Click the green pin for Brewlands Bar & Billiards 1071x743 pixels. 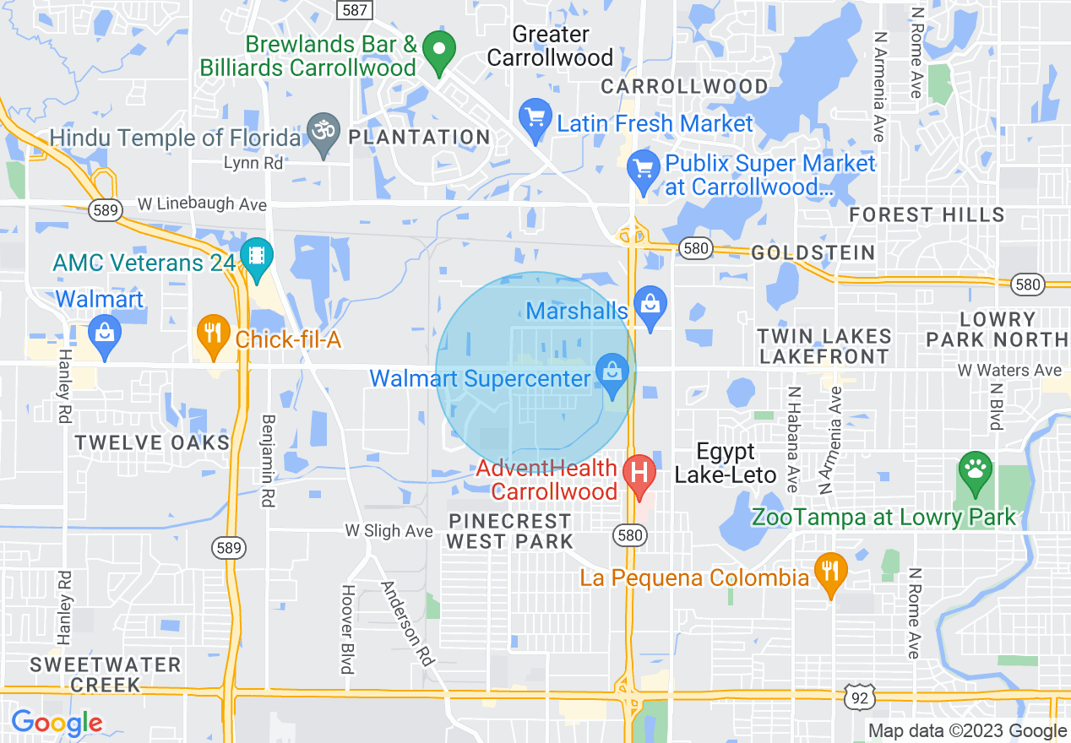click(x=438, y=52)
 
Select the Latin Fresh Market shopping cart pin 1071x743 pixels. click(x=535, y=120)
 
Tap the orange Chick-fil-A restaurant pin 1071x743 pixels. click(x=213, y=335)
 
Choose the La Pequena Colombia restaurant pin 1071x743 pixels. click(x=830, y=574)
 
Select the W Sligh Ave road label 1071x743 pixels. click(x=389, y=531)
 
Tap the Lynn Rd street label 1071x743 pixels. click(x=253, y=164)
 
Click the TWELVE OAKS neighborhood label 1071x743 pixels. click(x=152, y=443)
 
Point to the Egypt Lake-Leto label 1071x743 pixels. click(x=725, y=463)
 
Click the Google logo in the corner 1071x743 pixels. click(x=57, y=723)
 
